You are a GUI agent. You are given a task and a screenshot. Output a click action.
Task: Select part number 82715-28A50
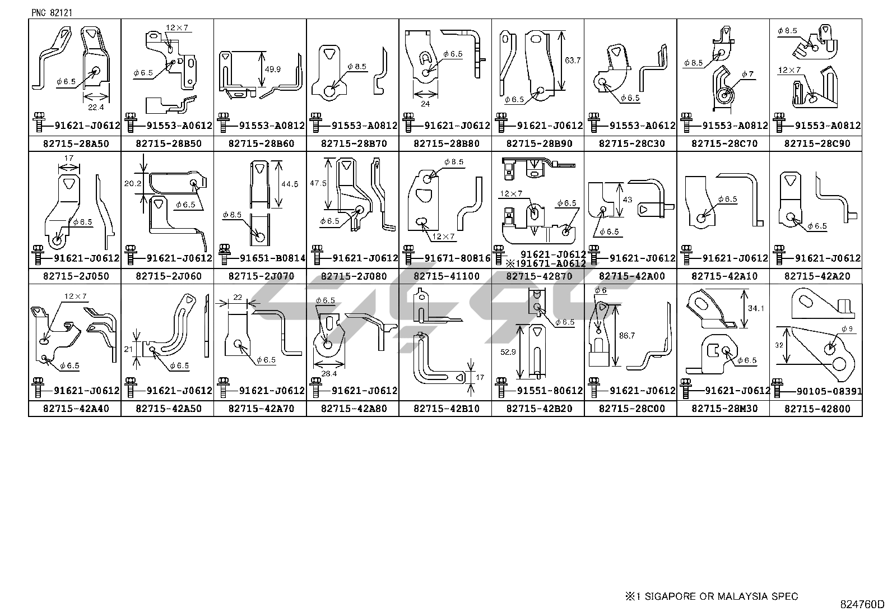75,143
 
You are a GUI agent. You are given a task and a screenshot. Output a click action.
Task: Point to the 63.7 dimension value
573,60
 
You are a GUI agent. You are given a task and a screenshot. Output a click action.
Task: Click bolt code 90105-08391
822,391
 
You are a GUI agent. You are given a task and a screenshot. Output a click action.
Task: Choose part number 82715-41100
446,276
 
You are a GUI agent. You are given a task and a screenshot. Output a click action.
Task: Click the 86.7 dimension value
626,336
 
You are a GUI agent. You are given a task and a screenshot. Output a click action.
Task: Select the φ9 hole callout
847,329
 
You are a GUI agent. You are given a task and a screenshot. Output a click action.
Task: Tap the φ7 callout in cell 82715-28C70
748,74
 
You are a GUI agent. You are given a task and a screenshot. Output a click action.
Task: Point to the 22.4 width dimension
93,107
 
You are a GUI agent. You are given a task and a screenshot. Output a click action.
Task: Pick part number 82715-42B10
446,409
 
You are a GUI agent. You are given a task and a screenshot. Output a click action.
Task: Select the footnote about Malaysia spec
712,596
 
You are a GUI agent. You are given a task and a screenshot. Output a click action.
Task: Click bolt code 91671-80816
457,258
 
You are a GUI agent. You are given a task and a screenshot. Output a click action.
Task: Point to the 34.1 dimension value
756,308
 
